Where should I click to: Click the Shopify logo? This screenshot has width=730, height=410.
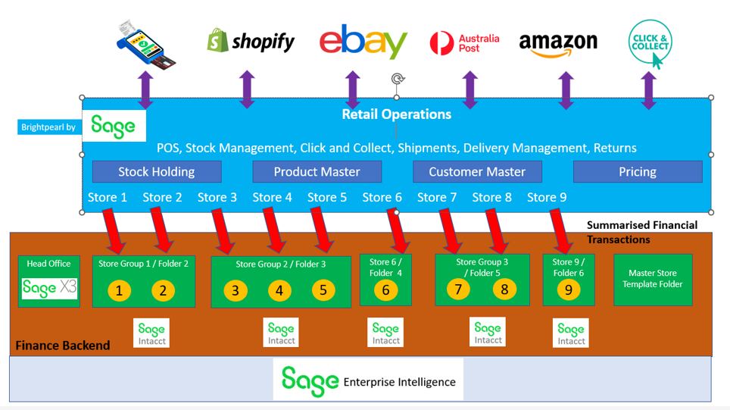pyautogui.click(x=251, y=41)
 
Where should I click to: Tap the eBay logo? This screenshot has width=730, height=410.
pyautogui.click(x=363, y=42)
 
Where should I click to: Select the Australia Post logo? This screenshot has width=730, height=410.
pyautogui.click(x=464, y=43)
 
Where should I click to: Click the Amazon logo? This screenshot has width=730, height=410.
pyautogui.click(x=558, y=42)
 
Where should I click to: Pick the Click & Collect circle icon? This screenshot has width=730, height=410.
pyautogui.click(x=650, y=42)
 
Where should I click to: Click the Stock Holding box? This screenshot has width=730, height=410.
pyautogui.click(x=157, y=171)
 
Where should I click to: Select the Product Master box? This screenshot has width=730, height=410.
pyautogui.click(x=317, y=171)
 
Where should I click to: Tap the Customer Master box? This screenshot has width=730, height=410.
pyautogui.click(x=477, y=171)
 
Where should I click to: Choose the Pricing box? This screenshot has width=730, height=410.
pyautogui.click(x=638, y=171)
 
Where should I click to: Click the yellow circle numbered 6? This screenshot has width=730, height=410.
pyautogui.click(x=385, y=290)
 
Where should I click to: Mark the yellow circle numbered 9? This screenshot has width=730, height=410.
pyautogui.click(x=568, y=290)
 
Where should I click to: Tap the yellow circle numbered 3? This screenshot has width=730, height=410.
pyautogui.click(x=236, y=290)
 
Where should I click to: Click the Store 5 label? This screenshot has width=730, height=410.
pyautogui.click(x=327, y=197)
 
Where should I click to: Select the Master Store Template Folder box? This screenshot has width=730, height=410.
pyautogui.click(x=652, y=279)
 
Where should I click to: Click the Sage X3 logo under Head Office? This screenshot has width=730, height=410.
pyautogui.click(x=49, y=288)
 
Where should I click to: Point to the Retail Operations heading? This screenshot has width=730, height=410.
pyautogui.click(x=396, y=114)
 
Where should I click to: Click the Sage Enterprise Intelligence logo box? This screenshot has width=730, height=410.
pyautogui.click(x=368, y=380)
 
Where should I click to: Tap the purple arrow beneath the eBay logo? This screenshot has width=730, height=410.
pyautogui.click(x=352, y=90)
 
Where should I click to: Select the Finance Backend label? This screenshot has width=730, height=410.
pyautogui.click(x=63, y=346)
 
